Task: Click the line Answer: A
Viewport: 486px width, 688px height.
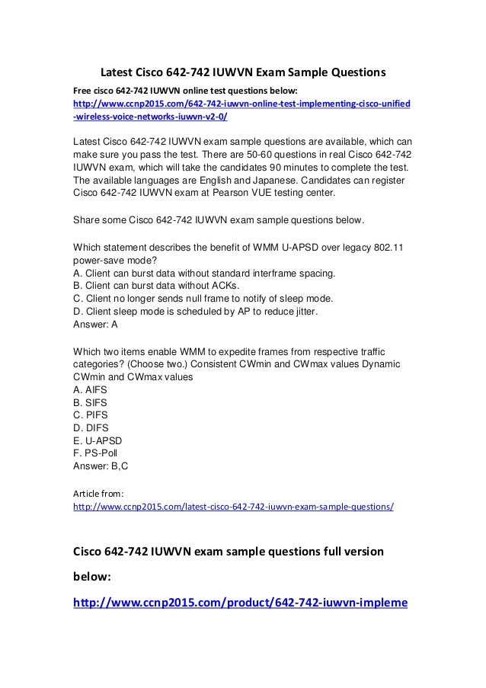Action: click(95, 324)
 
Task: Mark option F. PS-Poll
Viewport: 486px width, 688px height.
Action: click(97, 453)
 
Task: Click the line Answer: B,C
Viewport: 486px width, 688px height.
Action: click(100, 466)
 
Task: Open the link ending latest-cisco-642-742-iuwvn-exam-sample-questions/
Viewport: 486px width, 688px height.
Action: click(233, 506)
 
